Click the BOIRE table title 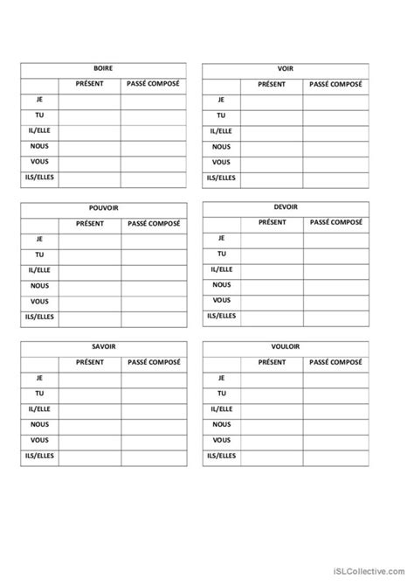pos(103,69)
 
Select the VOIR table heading pos(286,69)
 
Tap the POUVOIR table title pos(103,208)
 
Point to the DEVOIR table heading pos(286,207)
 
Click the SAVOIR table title pos(103,346)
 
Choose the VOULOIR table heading pos(286,346)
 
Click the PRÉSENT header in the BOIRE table pos(89,85)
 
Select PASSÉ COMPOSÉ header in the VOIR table pos(335,85)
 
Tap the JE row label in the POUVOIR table pos(39,239)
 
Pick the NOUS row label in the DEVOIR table pos(222,284)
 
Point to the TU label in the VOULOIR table pos(222,394)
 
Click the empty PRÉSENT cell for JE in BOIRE pos(89,101)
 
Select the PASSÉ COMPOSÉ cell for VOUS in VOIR pos(335,162)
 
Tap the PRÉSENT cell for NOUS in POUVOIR pos(89,285)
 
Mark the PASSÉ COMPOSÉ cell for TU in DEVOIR pos(335,254)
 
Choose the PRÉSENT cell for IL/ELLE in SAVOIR pos(89,409)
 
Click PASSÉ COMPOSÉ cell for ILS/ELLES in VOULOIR pos(335,456)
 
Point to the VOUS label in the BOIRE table pos(39,162)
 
